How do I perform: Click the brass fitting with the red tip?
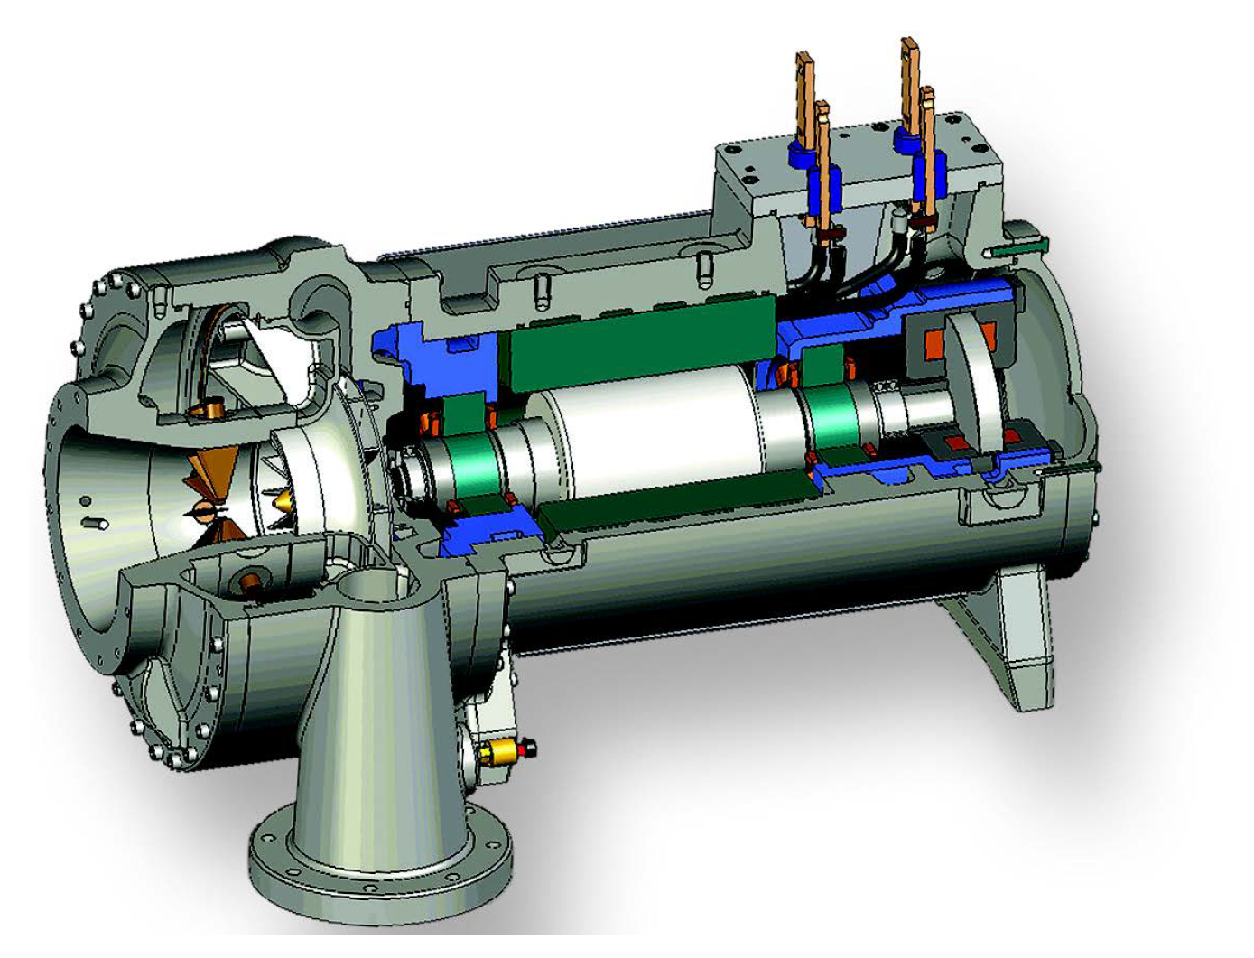(x=506, y=749)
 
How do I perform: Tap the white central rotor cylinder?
(x=650, y=442)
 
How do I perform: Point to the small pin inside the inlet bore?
(x=96, y=523)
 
